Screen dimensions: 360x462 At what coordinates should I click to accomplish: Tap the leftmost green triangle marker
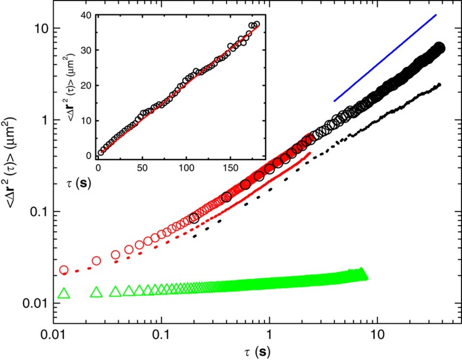(x=64, y=293)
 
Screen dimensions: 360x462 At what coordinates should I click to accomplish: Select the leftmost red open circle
(x=64, y=270)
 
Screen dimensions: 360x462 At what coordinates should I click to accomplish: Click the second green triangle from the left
(x=96, y=293)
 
